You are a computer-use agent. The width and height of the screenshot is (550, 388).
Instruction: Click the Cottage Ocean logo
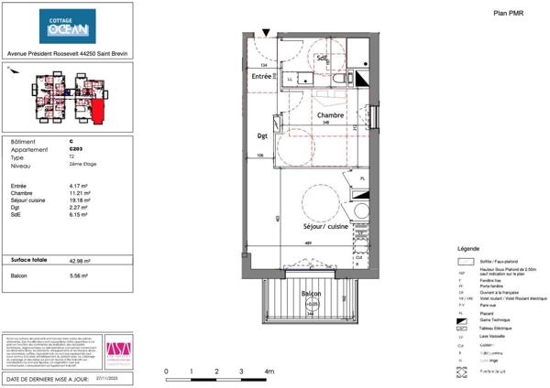click(64, 27)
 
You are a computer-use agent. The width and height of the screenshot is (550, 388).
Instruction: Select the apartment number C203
click(75, 149)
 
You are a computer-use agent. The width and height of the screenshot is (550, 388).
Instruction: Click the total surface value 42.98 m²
click(82, 261)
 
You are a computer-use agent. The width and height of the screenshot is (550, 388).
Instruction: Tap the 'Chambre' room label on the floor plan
click(330, 116)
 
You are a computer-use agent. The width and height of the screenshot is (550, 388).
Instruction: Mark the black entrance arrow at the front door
click(266, 32)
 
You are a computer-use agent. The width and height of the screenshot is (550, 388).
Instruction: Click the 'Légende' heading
click(467, 249)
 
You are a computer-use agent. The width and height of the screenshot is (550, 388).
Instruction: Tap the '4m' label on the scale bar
click(269, 372)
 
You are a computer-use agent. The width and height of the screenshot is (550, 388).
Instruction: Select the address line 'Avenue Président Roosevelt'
click(64, 53)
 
